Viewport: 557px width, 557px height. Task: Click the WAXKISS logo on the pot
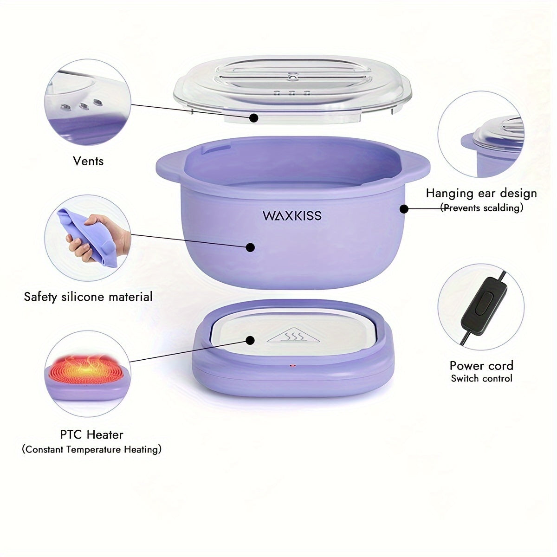[x=292, y=216]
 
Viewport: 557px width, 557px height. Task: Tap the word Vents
[x=88, y=161]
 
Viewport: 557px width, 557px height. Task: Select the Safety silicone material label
[x=88, y=297]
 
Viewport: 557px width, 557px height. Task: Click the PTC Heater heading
[x=91, y=435]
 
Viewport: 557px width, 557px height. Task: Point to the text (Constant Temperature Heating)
[x=91, y=449]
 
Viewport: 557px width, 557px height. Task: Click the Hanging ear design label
[x=481, y=194]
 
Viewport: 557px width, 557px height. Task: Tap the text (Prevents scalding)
[x=481, y=208]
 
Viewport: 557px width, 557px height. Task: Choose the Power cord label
[x=481, y=366]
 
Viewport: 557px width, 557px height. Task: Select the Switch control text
[x=481, y=378]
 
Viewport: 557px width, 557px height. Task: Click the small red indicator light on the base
[x=292, y=365]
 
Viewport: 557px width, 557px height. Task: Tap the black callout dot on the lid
[x=253, y=117]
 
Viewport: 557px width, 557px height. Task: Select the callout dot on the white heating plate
[x=250, y=340]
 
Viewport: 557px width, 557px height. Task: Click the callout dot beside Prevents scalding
[x=404, y=208]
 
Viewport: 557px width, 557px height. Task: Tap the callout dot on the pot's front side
[x=250, y=247]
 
